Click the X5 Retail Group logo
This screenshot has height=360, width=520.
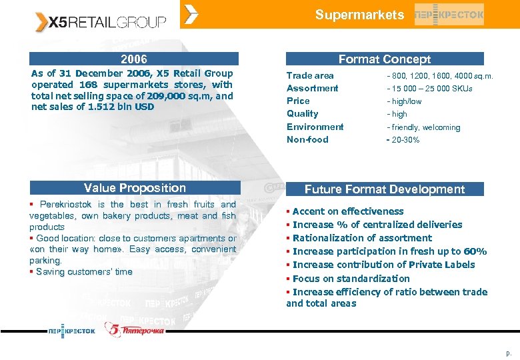[x=101, y=22]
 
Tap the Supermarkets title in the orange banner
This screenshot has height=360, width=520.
[x=359, y=15]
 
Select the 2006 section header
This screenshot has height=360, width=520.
[x=134, y=59]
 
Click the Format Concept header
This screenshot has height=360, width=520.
[x=385, y=59]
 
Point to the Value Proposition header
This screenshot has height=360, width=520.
[x=135, y=188]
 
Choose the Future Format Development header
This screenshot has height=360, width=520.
[x=385, y=189]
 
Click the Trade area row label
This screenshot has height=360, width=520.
[x=310, y=75]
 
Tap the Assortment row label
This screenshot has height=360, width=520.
[x=312, y=88]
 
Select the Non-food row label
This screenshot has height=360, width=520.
[x=307, y=139]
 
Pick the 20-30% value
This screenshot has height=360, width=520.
[x=405, y=140]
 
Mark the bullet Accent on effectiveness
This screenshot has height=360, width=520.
[x=347, y=211]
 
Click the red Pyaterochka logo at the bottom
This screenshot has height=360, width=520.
[x=135, y=329]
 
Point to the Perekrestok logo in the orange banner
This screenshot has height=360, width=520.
[x=449, y=14]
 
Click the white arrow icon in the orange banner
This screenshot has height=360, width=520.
[x=191, y=13]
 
